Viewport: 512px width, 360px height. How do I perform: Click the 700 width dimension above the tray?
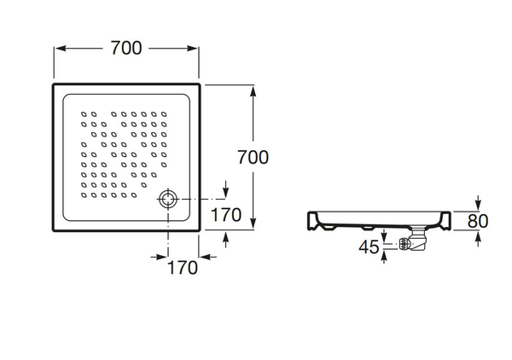[x=125, y=49]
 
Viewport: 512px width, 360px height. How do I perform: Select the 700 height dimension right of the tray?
[x=253, y=157]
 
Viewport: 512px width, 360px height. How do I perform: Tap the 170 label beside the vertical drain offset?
[x=226, y=216]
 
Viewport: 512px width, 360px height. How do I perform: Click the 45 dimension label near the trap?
[x=369, y=247]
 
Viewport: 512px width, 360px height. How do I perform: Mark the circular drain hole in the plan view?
[x=166, y=200]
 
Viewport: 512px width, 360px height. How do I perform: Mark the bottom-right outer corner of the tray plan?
[x=201, y=229]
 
